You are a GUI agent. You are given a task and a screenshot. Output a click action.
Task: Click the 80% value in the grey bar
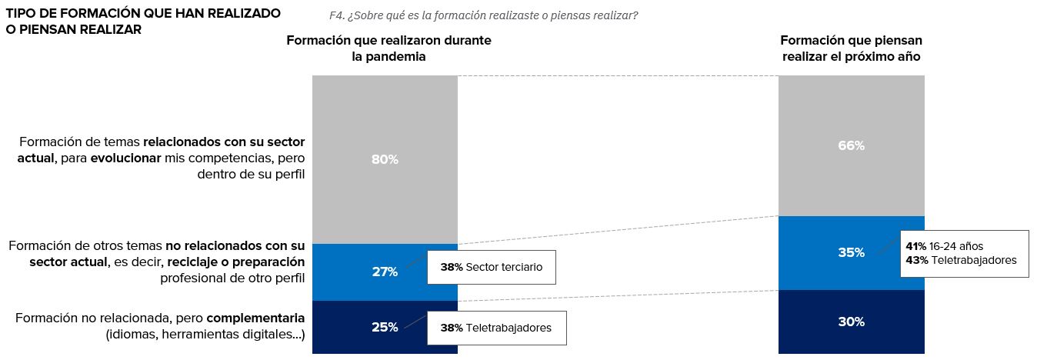coord(385,160)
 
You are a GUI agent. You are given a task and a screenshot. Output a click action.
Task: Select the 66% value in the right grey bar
coord(852,145)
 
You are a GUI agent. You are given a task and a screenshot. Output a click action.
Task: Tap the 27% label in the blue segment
coord(385,272)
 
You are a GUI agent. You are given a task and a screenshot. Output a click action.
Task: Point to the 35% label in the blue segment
coord(852,252)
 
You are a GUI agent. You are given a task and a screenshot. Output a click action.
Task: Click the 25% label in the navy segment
coord(385,327)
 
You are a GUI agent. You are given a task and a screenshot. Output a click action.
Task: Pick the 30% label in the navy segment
coord(852,322)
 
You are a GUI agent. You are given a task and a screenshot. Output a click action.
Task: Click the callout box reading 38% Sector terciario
coord(491,267)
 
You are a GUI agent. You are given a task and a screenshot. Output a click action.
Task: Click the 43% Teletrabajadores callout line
coord(961,260)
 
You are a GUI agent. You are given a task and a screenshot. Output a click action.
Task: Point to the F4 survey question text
coord(483,15)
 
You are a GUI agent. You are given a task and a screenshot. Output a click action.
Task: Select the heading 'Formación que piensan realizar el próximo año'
coord(851,48)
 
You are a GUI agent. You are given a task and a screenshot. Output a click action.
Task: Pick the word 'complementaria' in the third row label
coord(255,318)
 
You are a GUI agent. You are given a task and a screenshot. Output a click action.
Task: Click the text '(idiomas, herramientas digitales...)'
coord(205,334)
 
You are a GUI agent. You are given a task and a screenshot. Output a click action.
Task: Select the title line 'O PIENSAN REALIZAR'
coord(74,29)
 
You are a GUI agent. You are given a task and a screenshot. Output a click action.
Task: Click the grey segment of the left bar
coord(385,115)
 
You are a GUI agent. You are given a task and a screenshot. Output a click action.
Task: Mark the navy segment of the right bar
coord(852,338)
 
